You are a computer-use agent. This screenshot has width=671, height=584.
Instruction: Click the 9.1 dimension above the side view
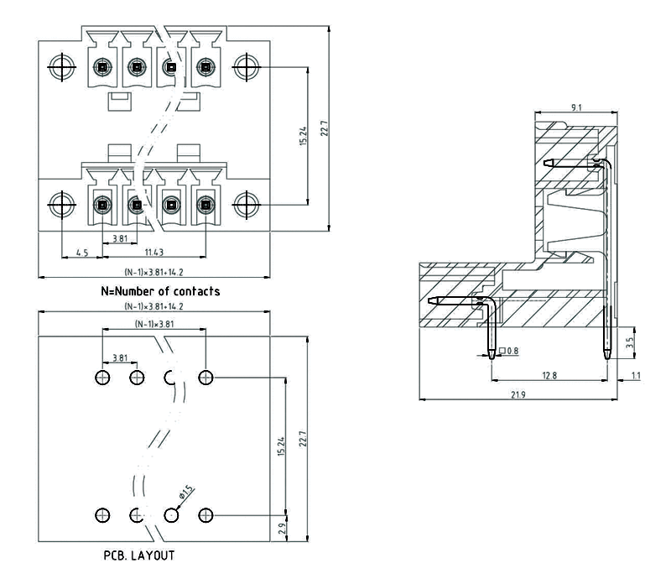tap(572, 107)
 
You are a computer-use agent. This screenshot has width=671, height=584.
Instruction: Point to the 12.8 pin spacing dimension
tap(549, 375)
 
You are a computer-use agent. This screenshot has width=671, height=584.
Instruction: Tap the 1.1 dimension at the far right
tap(635, 375)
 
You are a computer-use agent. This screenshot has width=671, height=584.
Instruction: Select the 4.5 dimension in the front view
tap(82, 252)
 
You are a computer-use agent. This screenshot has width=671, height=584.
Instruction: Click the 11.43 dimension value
tap(153, 252)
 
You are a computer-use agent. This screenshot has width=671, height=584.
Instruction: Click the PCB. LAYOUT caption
tap(140, 555)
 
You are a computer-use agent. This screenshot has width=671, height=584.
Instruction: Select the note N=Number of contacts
tap(160, 292)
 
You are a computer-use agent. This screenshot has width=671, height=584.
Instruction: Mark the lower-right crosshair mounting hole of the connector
tap(244, 204)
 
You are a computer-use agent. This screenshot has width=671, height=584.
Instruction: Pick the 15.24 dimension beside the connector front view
tap(303, 136)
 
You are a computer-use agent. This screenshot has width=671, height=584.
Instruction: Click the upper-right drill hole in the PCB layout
tap(205, 377)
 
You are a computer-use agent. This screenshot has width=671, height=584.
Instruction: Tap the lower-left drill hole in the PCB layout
tap(102, 514)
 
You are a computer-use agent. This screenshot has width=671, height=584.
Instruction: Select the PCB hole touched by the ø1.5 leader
tap(172, 514)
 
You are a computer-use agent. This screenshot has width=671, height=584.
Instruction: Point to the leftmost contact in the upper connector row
tap(101, 66)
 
